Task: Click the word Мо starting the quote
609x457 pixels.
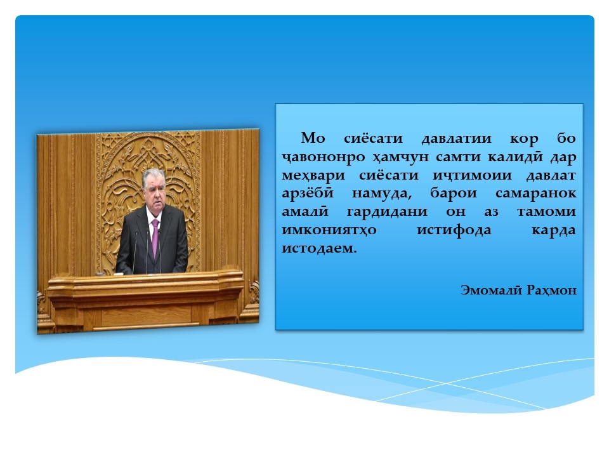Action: coord(313,138)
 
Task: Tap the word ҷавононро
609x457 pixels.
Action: coord(323,157)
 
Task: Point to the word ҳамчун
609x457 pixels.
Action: coord(400,157)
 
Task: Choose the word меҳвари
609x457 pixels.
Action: coord(313,176)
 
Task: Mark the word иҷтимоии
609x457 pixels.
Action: coord(472,176)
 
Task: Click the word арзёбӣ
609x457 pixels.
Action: coord(307,193)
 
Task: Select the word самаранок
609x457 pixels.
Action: coord(535,194)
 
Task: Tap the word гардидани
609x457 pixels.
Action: coord(387,212)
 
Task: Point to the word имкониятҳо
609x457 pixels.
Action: coord(329,230)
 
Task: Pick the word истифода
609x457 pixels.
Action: coord(454,230)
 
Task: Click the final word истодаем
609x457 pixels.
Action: coord(319,248)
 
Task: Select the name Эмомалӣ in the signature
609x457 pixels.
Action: coord(491,289)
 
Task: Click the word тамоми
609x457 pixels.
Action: coord(546,212)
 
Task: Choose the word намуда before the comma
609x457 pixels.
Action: coord(382,194)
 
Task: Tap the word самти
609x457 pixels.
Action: coord(458,157)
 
